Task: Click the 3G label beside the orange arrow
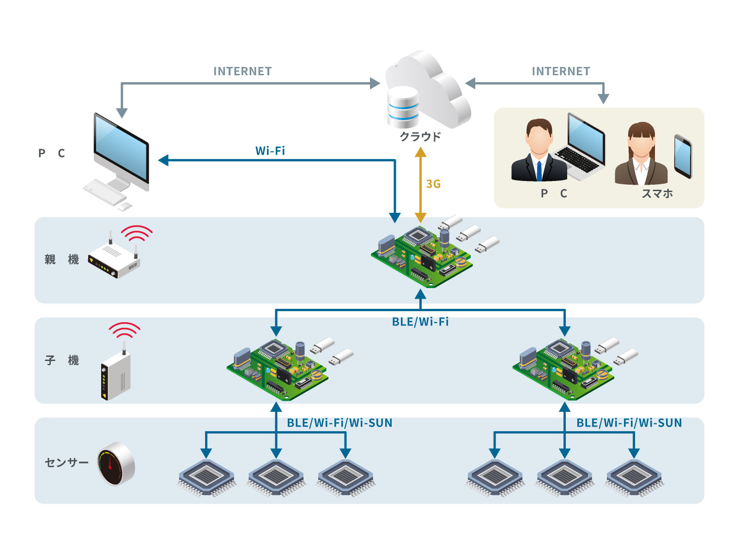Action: (433, 184)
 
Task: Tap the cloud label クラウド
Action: (420, 136)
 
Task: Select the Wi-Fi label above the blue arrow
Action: (270, 151)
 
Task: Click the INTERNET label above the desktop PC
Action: (242, 72)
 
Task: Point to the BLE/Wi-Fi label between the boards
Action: (420, 322)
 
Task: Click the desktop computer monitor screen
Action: (121, 148)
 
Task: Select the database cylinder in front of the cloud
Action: (403, 107)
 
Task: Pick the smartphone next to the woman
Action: (683, 156)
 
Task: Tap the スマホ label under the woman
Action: (657, 193)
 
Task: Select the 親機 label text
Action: (61, 259)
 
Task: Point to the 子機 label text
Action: (61, 360)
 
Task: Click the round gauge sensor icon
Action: (115, 464)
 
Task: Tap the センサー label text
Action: (67, 462)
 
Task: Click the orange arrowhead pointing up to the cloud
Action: (420, 152)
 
